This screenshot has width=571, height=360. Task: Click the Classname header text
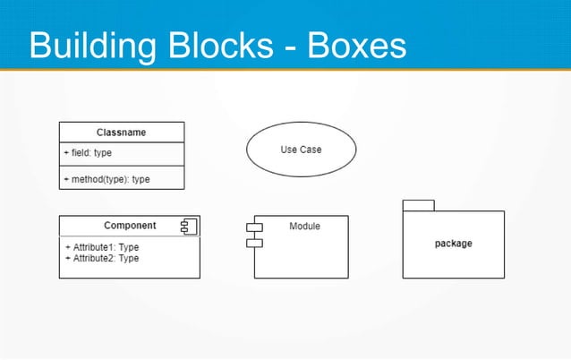[x=122, y=133]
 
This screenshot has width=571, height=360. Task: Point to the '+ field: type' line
[x=88, y=153]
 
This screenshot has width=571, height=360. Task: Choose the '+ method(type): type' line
[x=107, y=179]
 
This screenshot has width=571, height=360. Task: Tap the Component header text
[x=130, y=226]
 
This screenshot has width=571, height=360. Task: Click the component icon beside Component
[x=188, y=226]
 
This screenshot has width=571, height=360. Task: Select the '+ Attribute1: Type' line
[x=102, y=247]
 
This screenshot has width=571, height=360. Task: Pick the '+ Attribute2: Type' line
[x=102, y=258]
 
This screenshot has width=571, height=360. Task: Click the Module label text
[x=304, y=227]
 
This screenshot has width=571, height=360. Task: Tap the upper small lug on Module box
[x=254, y=227]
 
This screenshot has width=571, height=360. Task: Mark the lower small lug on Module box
[x=254, y=243]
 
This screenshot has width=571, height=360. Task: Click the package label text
[x=453, y=244]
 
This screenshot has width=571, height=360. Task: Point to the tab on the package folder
[x=418, y=205]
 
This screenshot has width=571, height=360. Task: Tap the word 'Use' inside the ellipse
[x=288, y=150]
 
